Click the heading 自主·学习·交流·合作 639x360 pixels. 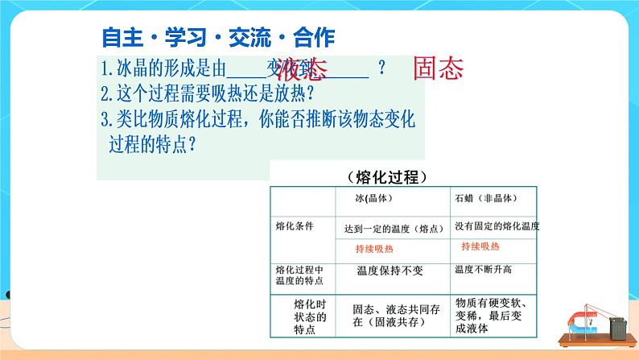coord(218,37)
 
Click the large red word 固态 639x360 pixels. coord(439,68)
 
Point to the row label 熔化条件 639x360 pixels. coord(293,226)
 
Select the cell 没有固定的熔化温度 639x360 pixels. coord(497,227)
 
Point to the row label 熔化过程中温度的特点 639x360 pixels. coord(299,275)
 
